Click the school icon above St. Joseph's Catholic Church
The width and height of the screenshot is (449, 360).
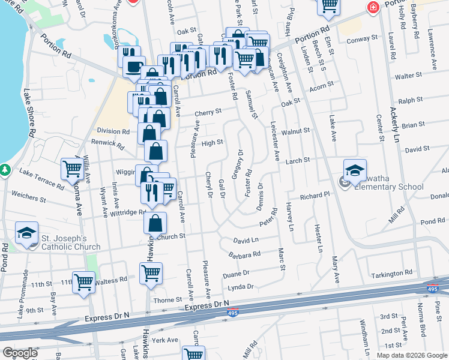coord(27,233)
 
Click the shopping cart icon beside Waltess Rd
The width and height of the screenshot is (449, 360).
coord(83,282)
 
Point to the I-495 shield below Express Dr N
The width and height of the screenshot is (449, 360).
coord(234,313)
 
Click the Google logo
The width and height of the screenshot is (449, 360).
coord(19,353)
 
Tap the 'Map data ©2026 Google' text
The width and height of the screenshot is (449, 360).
coord(412,355)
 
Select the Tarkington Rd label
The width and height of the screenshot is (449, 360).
coord(392,274)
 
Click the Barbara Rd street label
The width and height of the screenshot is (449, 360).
coord(244,254)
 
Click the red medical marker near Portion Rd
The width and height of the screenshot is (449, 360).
coord(373,7)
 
